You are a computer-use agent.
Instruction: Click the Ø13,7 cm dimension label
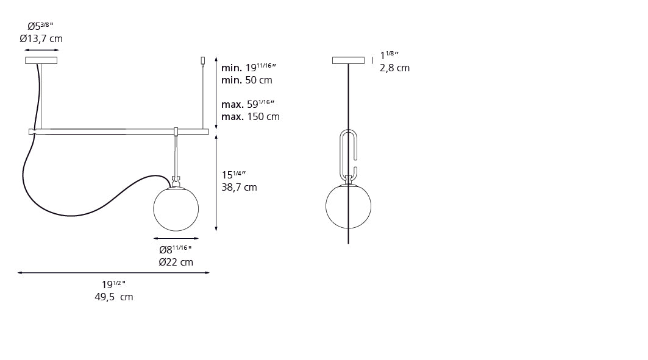[x=41, y=39]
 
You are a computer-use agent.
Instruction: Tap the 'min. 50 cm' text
[x=246, y=80]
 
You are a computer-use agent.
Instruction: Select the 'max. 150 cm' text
[x=250, y=116]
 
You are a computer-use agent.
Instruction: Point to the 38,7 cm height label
[x=239, y=188]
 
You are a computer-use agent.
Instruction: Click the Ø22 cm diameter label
[x=176, y=263]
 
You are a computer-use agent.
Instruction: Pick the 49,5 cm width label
[x=114, y=297]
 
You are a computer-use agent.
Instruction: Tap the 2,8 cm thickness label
[x=394, y=68]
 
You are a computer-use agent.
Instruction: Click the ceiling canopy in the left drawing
[x=41, y=60]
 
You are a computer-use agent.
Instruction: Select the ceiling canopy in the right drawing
[x=348, y=60]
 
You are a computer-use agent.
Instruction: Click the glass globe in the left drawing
[x=176, y=209]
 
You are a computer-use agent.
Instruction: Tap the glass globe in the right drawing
[x=348, y=206]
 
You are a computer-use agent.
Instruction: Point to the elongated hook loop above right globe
[x=348, y=152]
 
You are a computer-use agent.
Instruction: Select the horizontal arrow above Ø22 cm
[x=176, y=239]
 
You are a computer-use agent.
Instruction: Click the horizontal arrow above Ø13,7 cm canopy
[x=41, y=50]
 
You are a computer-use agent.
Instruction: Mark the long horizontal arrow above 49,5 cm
[x=113, y=273]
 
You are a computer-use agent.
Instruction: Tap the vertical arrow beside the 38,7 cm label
[x=216, y=183]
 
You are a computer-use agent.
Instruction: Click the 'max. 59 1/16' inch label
[x=248, y=104]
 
